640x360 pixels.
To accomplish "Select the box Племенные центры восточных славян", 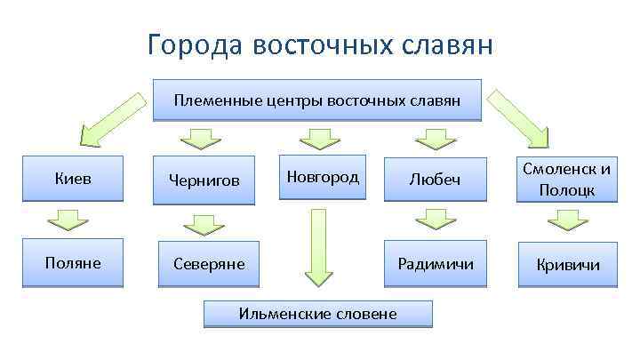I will click(x=317, y=100).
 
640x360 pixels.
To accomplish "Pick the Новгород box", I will click(x=323, y=177).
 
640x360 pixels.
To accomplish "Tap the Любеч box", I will click(x=435, y=180).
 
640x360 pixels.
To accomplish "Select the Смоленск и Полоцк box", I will click(x=567, y=180).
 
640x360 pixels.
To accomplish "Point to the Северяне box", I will click(x=209, y=264).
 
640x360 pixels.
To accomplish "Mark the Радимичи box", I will click(x=435, y=263).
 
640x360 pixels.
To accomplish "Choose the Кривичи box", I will click(x=567, y=264).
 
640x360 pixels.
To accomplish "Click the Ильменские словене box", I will click(x=317, y=313).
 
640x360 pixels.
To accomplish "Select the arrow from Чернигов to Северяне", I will click(x=205, y=223).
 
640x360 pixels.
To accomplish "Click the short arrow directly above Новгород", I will click(x=315, y=138).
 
